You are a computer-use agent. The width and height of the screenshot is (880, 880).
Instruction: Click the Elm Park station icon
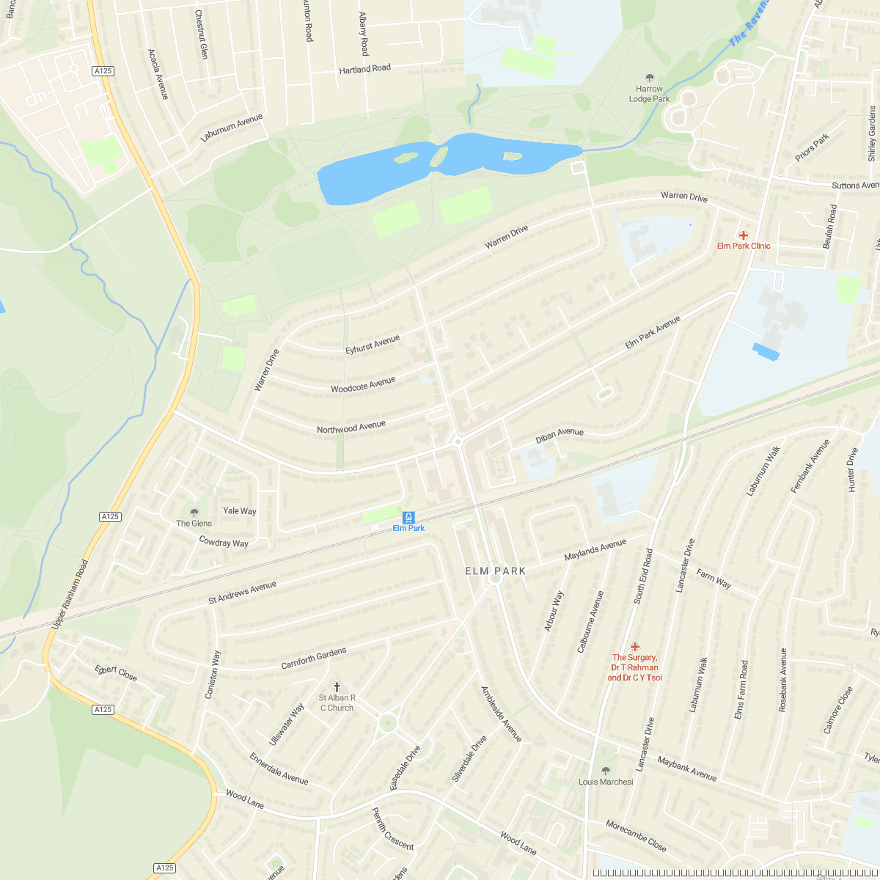[408, 516]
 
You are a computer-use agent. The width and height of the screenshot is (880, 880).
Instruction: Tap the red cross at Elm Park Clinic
[744, 235]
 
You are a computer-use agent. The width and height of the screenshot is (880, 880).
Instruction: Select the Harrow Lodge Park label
[649, 94]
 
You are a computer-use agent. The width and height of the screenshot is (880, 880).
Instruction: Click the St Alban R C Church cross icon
[337, 686]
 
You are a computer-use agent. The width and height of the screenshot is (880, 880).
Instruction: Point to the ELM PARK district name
[496, 571]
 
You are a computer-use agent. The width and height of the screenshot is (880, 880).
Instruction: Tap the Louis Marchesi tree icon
[605, 770]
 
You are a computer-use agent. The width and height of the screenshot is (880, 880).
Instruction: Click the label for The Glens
[194, 523]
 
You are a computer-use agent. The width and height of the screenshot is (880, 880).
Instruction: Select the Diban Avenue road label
[560, 436]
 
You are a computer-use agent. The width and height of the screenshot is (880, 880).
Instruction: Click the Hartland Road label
[364, 69]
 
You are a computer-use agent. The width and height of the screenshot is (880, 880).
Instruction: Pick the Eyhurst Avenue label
[373, 345]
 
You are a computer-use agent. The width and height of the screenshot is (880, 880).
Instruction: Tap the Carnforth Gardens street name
[313, 658]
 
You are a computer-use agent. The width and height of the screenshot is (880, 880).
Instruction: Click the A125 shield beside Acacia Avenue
[103, 71]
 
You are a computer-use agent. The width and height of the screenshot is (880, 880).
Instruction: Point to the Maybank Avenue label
[686, 769]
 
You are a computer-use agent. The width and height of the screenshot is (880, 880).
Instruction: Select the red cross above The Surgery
[635, 646]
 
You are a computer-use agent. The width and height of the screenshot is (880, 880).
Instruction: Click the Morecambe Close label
[636, 836]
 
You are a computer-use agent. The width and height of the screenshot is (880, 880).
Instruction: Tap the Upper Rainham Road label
[70, 594]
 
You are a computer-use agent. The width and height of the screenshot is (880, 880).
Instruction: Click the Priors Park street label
[812, 147]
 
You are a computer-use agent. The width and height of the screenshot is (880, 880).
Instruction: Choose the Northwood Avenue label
[351, 427]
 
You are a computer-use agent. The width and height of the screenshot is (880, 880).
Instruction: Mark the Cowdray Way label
[224, 542]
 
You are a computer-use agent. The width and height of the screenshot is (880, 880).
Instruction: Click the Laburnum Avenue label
[231, 128]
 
